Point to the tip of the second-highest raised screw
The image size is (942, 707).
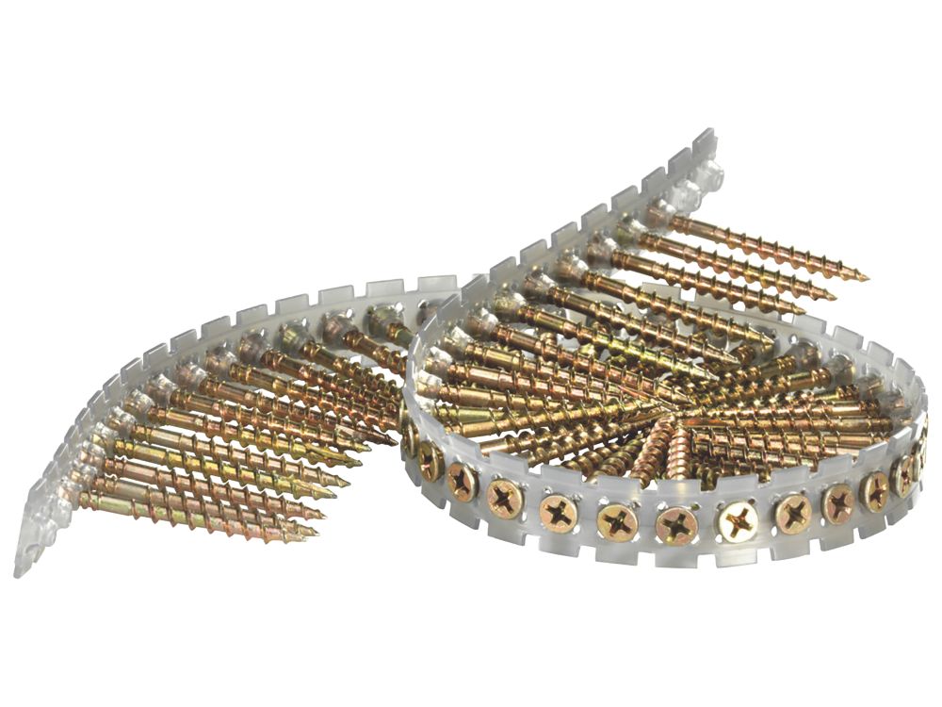click(834, 295)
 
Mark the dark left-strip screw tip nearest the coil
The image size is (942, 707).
click(391, 441)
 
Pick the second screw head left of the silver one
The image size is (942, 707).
click(617, 518)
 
